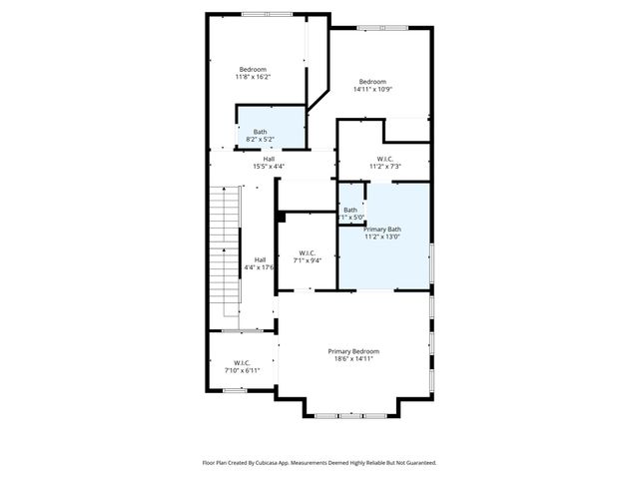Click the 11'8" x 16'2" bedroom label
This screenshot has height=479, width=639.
[253, 72]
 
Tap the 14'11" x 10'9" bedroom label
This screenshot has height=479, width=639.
[372, 85]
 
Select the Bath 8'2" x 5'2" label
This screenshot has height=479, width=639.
[260, 135]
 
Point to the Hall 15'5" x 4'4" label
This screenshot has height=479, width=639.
[269, 163]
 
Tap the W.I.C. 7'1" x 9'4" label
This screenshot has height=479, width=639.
[307, 256]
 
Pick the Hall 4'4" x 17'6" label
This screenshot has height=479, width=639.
[260, 263]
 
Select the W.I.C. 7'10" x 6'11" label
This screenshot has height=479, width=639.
[242, 366]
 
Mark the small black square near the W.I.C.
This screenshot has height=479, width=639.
[283, 217]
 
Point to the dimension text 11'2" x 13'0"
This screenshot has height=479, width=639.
[381, 237]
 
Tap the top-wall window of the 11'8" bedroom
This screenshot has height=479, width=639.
[268, 14]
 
